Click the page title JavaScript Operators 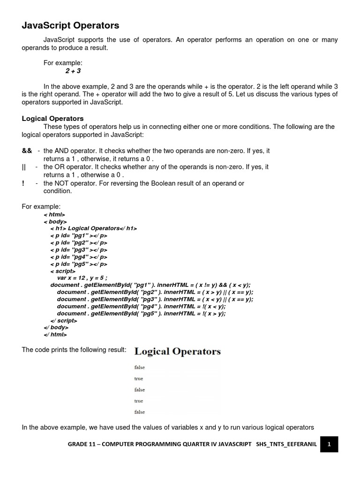[x=70, y=25]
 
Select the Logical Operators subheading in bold [x=52, y=119]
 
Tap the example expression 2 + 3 [x=73, y=71]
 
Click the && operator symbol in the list [x=27, y=151]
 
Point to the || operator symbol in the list [x=24, y=167]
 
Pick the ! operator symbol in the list [x=23, y=183]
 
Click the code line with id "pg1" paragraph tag [x=79, y=236]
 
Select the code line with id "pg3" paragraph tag [x=79, y=250]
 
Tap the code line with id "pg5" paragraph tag [x=79, y=264]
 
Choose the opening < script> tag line [x=62, y=271]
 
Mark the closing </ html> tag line [x=55, y=335]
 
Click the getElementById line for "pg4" [x=141, y=307]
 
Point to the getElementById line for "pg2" [x=155, y=292]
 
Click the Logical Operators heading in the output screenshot [x=177, y=351]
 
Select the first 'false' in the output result [x=139, y=367]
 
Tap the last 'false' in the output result [x=139, y=412]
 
